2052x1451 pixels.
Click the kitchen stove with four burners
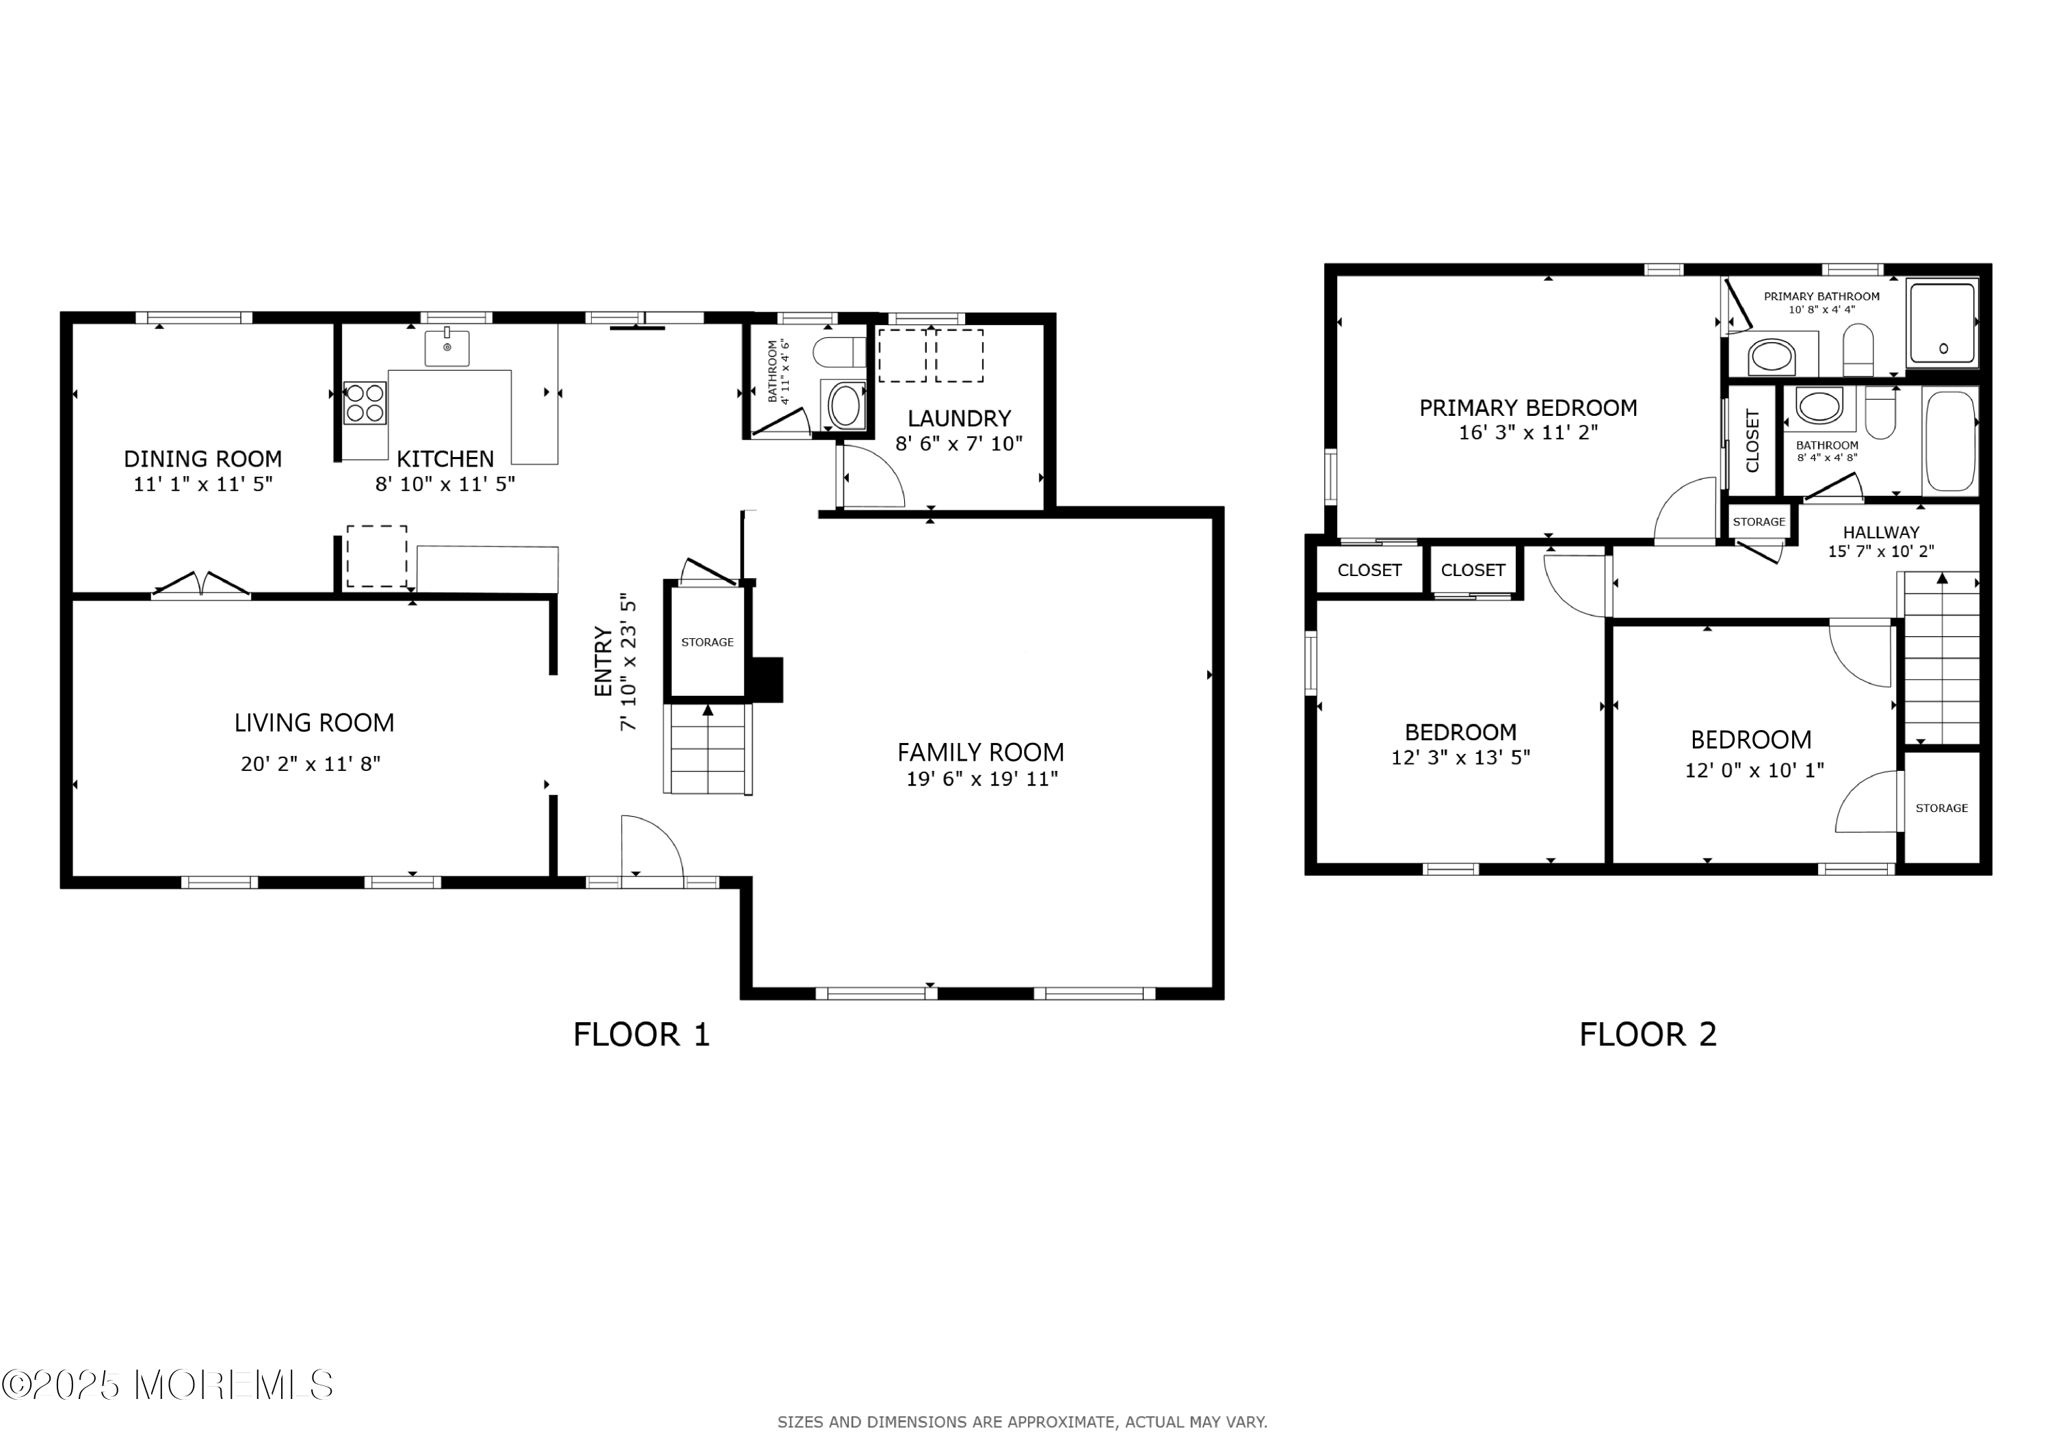pos(365,402)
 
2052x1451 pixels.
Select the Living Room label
pos(314,722)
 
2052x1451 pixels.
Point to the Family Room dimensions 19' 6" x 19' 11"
pos(982,779)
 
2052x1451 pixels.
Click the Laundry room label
pos(959,419)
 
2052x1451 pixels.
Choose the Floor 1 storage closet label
pos(707,642)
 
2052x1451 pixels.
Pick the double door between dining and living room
pos(201,585)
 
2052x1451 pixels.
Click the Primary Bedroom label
pos(1527,408)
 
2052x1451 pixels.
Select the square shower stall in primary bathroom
pos(1941,323)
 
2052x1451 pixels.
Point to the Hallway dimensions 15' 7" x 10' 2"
pos(1880,551)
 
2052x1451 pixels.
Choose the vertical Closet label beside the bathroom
pos(1752,441)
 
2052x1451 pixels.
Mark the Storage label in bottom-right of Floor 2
pos(1941,808)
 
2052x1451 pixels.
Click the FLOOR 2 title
pos(1647,1034)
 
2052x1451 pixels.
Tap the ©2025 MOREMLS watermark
pos(167,1385)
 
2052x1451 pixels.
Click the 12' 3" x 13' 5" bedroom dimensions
pos(1460,757)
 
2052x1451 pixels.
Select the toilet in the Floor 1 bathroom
pos(839,352)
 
